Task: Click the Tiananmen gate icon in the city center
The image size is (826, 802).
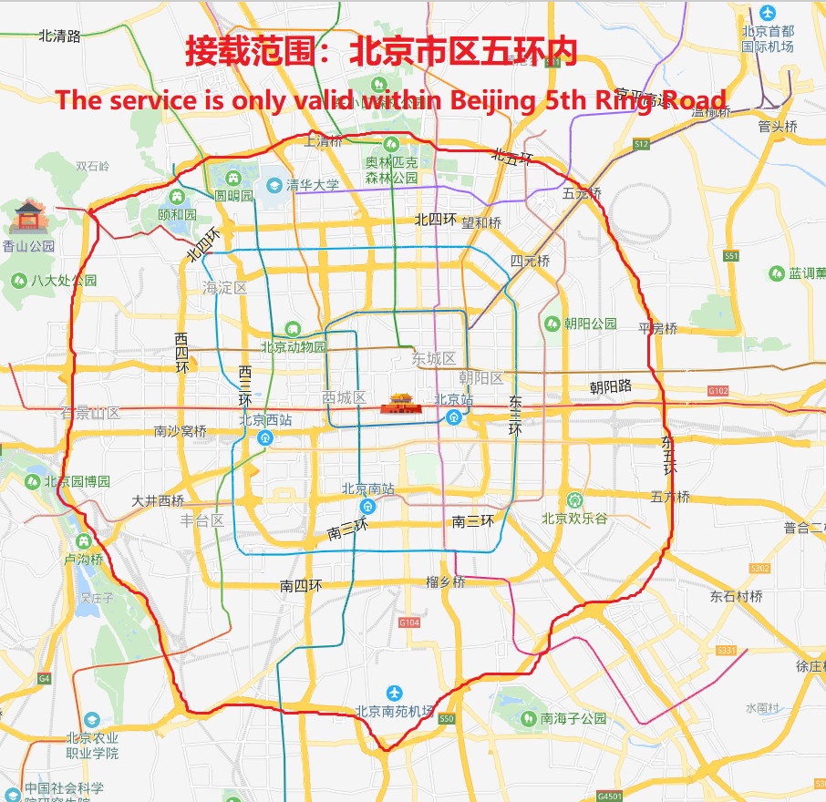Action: [x=402, y=402]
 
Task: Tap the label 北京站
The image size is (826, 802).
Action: [x=453, y=400]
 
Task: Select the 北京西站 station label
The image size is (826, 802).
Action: [x=265, y=420]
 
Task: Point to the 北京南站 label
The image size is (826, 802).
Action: [x=368, y=489]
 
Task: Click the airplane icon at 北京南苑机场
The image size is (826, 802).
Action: [x=394, y=694]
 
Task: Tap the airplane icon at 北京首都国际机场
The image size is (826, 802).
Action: [x=768, y=14]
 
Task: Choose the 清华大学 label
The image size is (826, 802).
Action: [x=312, y=186]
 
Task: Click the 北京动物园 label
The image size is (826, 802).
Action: [x=294, y=346]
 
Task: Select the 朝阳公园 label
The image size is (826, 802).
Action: [x=590, y=324]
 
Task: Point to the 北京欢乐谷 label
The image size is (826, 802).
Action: [x=574, y=519]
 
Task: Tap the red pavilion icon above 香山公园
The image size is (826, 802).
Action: [x=30, y=217]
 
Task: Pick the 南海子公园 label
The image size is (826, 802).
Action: [x=573, y=718]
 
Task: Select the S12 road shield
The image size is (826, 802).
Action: [x=642, y=144]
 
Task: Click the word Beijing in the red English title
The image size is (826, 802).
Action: [x=495, y=99]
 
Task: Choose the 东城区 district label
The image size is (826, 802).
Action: [x=433, y=358]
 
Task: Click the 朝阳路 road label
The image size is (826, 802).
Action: [x=611, y=387]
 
